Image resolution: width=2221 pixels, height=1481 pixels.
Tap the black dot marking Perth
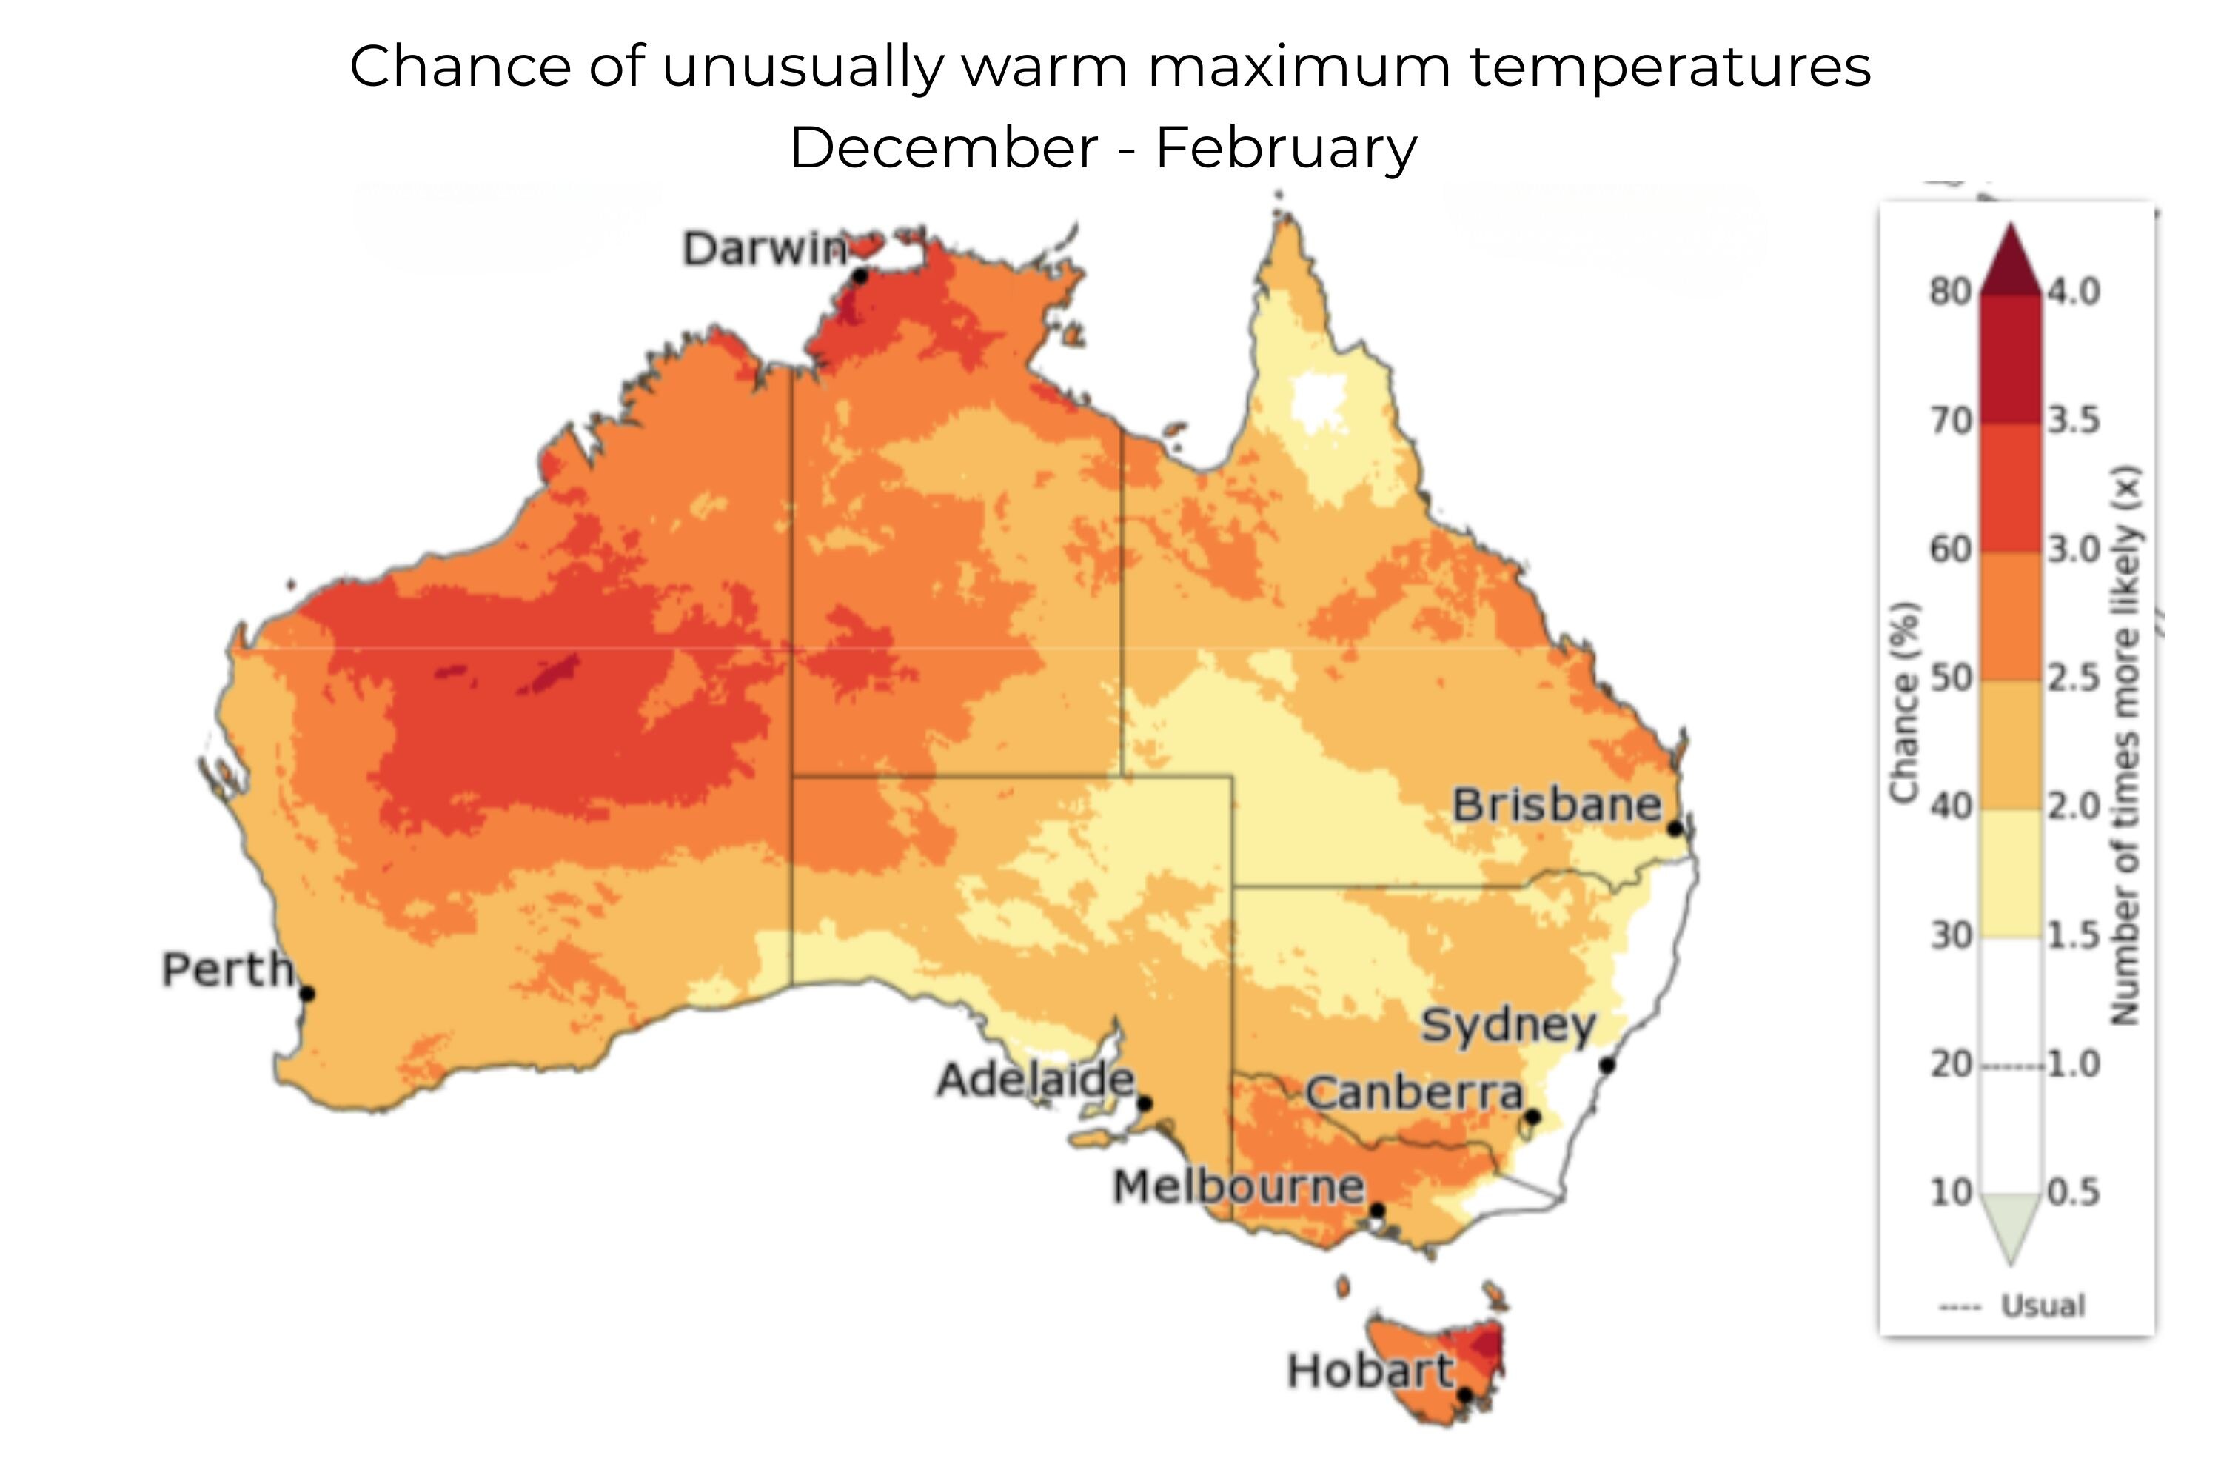tap(307, 994)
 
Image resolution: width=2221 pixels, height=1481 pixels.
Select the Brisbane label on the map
tap(1556, 805)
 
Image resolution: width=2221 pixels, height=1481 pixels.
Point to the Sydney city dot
tap(1607, 1066)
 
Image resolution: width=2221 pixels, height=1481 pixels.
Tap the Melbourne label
tap(1238, 1186)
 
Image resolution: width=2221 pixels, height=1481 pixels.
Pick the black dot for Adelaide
tap(1145, 1103)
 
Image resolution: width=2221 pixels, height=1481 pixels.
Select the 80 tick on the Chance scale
tap(1950, 292)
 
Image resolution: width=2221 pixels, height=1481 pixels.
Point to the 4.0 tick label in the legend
tap(2074, 292)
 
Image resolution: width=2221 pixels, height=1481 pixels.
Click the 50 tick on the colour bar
tap(1950, 678)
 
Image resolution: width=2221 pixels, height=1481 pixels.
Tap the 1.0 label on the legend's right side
tap(2074, 1065)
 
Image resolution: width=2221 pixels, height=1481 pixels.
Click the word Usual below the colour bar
tap(2043, 1306)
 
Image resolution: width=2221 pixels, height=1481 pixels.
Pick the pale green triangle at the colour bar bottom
tap(2011, 1224)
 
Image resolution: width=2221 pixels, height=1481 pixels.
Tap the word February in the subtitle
tap(1285, 148)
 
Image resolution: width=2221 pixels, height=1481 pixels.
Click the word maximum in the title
tap(1299, 67)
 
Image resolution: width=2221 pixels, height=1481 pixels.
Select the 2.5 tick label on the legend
tap(2074, 678)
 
